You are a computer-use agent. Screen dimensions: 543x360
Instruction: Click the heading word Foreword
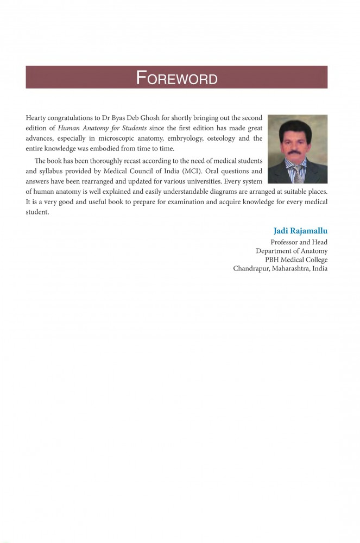[x=176, y=78]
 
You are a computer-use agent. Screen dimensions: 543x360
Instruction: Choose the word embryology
[x=183, y=138]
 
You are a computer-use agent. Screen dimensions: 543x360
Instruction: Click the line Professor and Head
[x=299, y=242]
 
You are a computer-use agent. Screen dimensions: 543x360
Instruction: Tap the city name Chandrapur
[x=251, y=268]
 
